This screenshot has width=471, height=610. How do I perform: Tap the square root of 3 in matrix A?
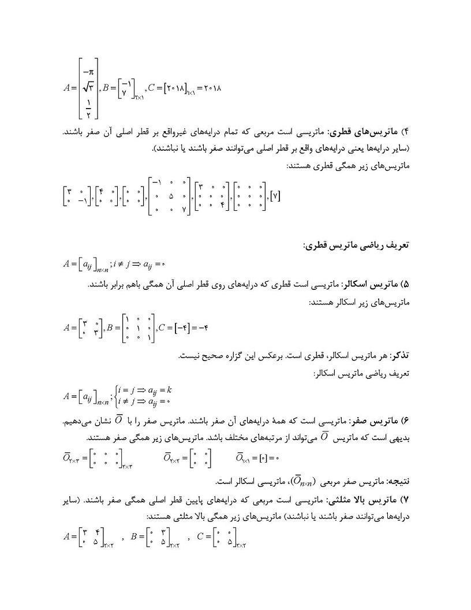coord(88,88)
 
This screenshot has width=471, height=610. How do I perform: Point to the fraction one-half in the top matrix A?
coord(88,107)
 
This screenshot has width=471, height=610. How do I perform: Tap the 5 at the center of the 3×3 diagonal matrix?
coord(170,196)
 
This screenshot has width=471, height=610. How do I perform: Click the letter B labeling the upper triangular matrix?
coord(134,537)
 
